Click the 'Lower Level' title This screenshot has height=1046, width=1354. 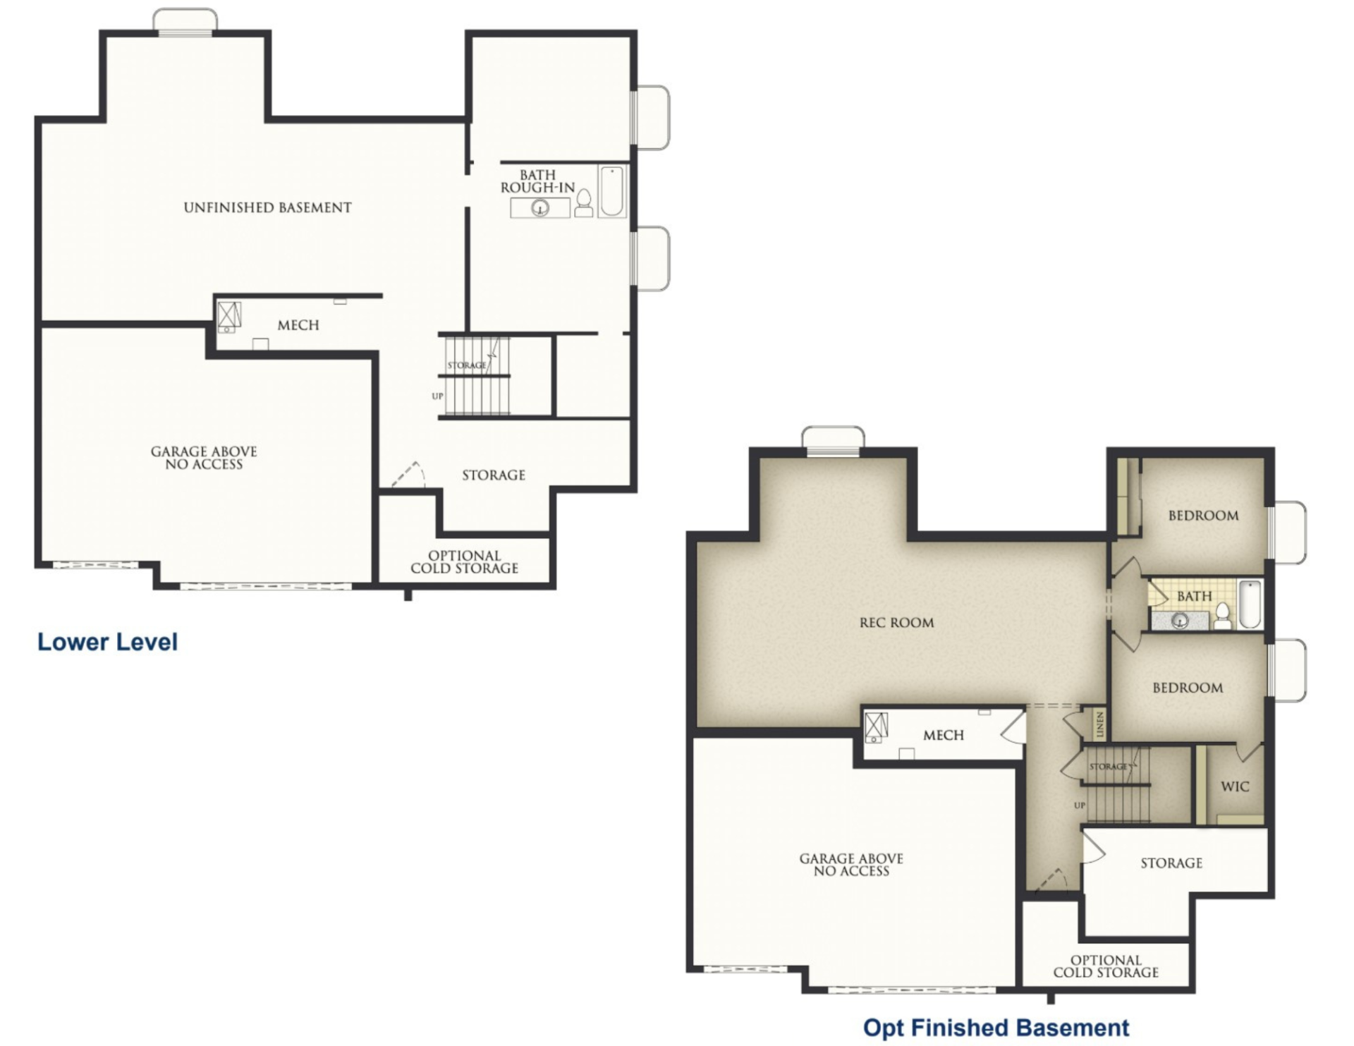point(107,642)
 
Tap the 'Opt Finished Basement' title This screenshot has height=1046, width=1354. point(996,1028)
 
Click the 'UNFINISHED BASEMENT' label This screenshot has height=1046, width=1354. point(267,207)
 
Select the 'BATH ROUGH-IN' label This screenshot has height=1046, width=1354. point(537,181)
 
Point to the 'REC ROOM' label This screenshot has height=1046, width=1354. point(896,623)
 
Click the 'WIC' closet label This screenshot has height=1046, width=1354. point(1235,786)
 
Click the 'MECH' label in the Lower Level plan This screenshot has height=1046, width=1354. point(298,325)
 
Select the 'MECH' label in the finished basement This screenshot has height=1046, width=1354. point(943,735)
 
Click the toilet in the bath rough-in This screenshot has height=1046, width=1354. point(583,203)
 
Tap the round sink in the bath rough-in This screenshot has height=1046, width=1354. point(540,208)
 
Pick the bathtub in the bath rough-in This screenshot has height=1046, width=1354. point(611,191)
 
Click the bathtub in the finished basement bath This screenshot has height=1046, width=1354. point(1250,604)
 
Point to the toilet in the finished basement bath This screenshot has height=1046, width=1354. point(1223,616)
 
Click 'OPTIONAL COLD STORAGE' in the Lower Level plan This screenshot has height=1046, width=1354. point(464,562)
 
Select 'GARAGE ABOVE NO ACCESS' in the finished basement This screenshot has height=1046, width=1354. point(851,865)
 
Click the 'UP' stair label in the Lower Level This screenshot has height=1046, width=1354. point(437,396)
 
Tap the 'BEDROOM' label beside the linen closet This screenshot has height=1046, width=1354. point(1188,688)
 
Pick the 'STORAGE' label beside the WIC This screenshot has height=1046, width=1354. point(1171,863)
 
